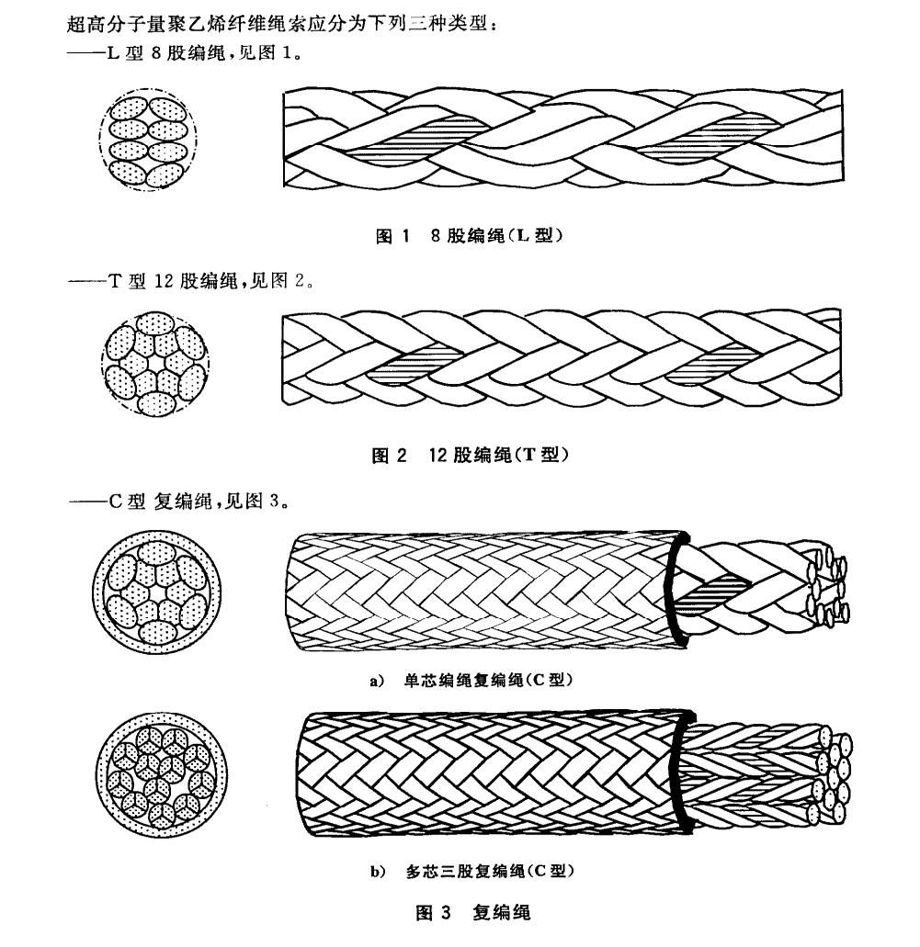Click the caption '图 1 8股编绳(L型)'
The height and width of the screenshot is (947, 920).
click(470, 236)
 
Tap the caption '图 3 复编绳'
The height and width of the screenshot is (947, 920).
click(473, 912)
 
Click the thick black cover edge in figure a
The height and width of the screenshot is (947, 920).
click(676, 588)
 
